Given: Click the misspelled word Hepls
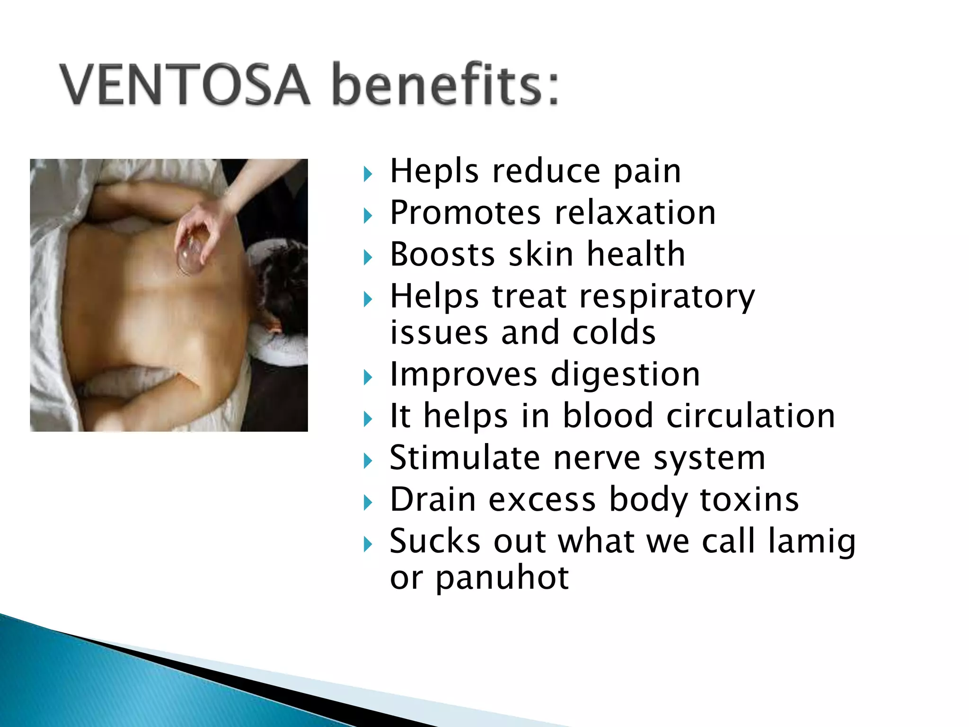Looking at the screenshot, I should click(x=434, y=171).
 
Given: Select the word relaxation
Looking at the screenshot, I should click(x=635, y=213).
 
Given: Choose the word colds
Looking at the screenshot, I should click(x=614, y=332).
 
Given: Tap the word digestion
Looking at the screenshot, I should click(x=625, y=375).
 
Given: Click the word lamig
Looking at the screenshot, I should click(x=812, y=541).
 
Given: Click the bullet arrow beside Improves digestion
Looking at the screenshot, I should click(x=368, y=378).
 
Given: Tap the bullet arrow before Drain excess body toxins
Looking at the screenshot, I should click(x=368, y=503).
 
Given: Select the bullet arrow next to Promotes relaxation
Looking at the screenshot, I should click(x=368, y=216).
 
